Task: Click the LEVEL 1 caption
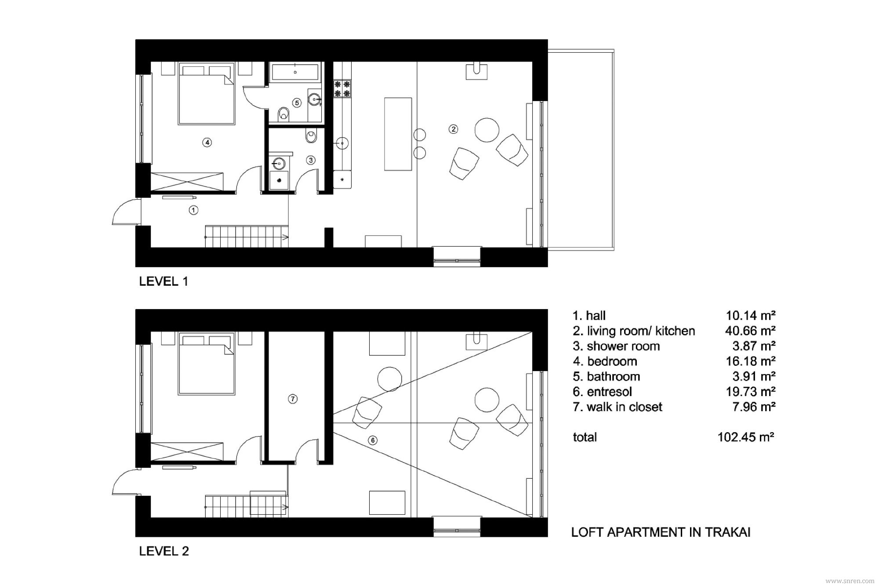pyautogui.click(x=163, y=281)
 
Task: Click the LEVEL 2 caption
pyautogui.click(x=164, y=551)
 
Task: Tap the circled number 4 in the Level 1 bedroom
pyautogui.click(x=207, y=142)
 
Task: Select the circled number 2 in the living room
pyautogui.click(x=453, y=129)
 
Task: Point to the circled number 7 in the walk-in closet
pyautogui.click(x=293, y=399)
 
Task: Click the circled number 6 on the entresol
pyautogui.click(x=373, y=440)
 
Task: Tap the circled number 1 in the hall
pyautogui.click(x=193, y=210)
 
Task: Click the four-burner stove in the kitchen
pyautogui.click(x=342, y=88)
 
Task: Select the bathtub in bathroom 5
pyautogui.click(x=295, y=72)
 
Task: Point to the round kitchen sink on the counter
pyautogui.click(x=342, y=142)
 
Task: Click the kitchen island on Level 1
pyautogui.click(x=398, y=134)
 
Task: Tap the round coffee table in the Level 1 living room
pyautogui.click(x=487, y=130)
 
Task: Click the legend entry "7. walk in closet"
pyautogui.click(x=617, y=407)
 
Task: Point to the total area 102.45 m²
pyautogui.click(x=746, y=437)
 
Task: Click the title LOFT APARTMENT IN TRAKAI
pyautogui.click(x=661, y=532)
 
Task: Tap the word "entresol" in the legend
pyautogui.click(x=610, y=392)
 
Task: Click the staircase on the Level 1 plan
pyautogui.click(x=247, y=237)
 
